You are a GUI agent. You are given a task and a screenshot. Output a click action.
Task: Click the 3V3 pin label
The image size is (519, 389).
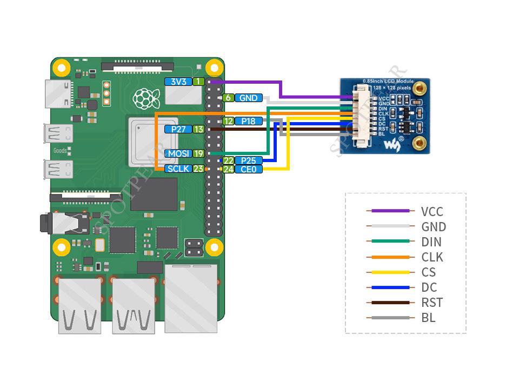tap(178, 82)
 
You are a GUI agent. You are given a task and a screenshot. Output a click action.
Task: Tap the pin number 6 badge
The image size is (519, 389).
tap(228, 98)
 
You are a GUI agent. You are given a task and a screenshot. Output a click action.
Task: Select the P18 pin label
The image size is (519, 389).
tap(248, 121)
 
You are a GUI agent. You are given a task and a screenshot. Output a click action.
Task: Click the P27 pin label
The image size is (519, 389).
tap(178, 129)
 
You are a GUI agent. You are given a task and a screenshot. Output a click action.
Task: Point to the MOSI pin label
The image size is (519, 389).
tap(178, 153)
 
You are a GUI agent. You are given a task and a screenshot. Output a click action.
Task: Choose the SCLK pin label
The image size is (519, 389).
tap(178, 169)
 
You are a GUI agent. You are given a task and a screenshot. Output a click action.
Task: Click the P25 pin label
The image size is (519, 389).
tap(248, 160)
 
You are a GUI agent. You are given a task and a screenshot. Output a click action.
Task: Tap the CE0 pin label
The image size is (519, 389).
tap(248, 169)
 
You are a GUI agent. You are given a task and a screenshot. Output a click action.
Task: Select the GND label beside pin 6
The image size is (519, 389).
tap(248, 98)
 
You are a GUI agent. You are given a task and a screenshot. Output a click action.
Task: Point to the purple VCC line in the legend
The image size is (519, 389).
tap(388, 211)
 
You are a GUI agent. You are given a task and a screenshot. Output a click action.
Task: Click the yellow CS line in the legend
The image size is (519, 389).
tap(388, 272)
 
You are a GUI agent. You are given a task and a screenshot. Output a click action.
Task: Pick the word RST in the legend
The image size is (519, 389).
tap(432, 303)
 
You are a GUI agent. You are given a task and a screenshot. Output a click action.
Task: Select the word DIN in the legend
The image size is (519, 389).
tap(431, 242)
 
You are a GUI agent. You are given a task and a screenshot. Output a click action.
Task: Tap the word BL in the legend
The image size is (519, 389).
tap(428, 318)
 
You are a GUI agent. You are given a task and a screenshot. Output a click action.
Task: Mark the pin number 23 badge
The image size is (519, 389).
tap(198, 169)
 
